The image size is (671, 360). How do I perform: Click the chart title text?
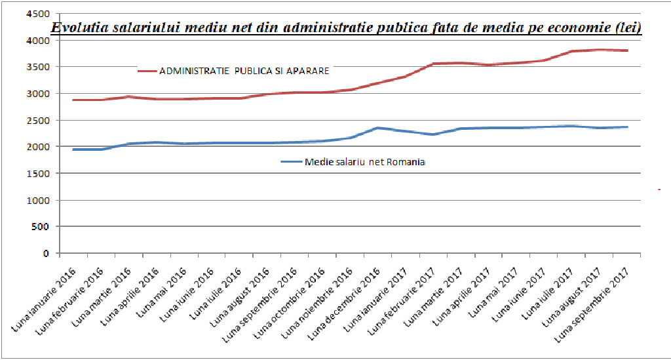[346, 28]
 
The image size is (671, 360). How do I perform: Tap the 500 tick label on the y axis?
[42, 227]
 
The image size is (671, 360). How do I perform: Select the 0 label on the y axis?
[47, 253]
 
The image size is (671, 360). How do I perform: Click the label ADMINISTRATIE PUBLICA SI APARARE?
[244, 70]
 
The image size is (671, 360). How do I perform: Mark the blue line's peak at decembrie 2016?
[377, 128]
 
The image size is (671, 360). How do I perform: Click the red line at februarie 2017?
[433, 64]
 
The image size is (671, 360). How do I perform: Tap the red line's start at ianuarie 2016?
[73, 100]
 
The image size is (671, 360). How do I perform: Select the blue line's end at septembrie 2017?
[628, 127]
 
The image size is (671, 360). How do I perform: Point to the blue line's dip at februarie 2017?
[433, 134]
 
